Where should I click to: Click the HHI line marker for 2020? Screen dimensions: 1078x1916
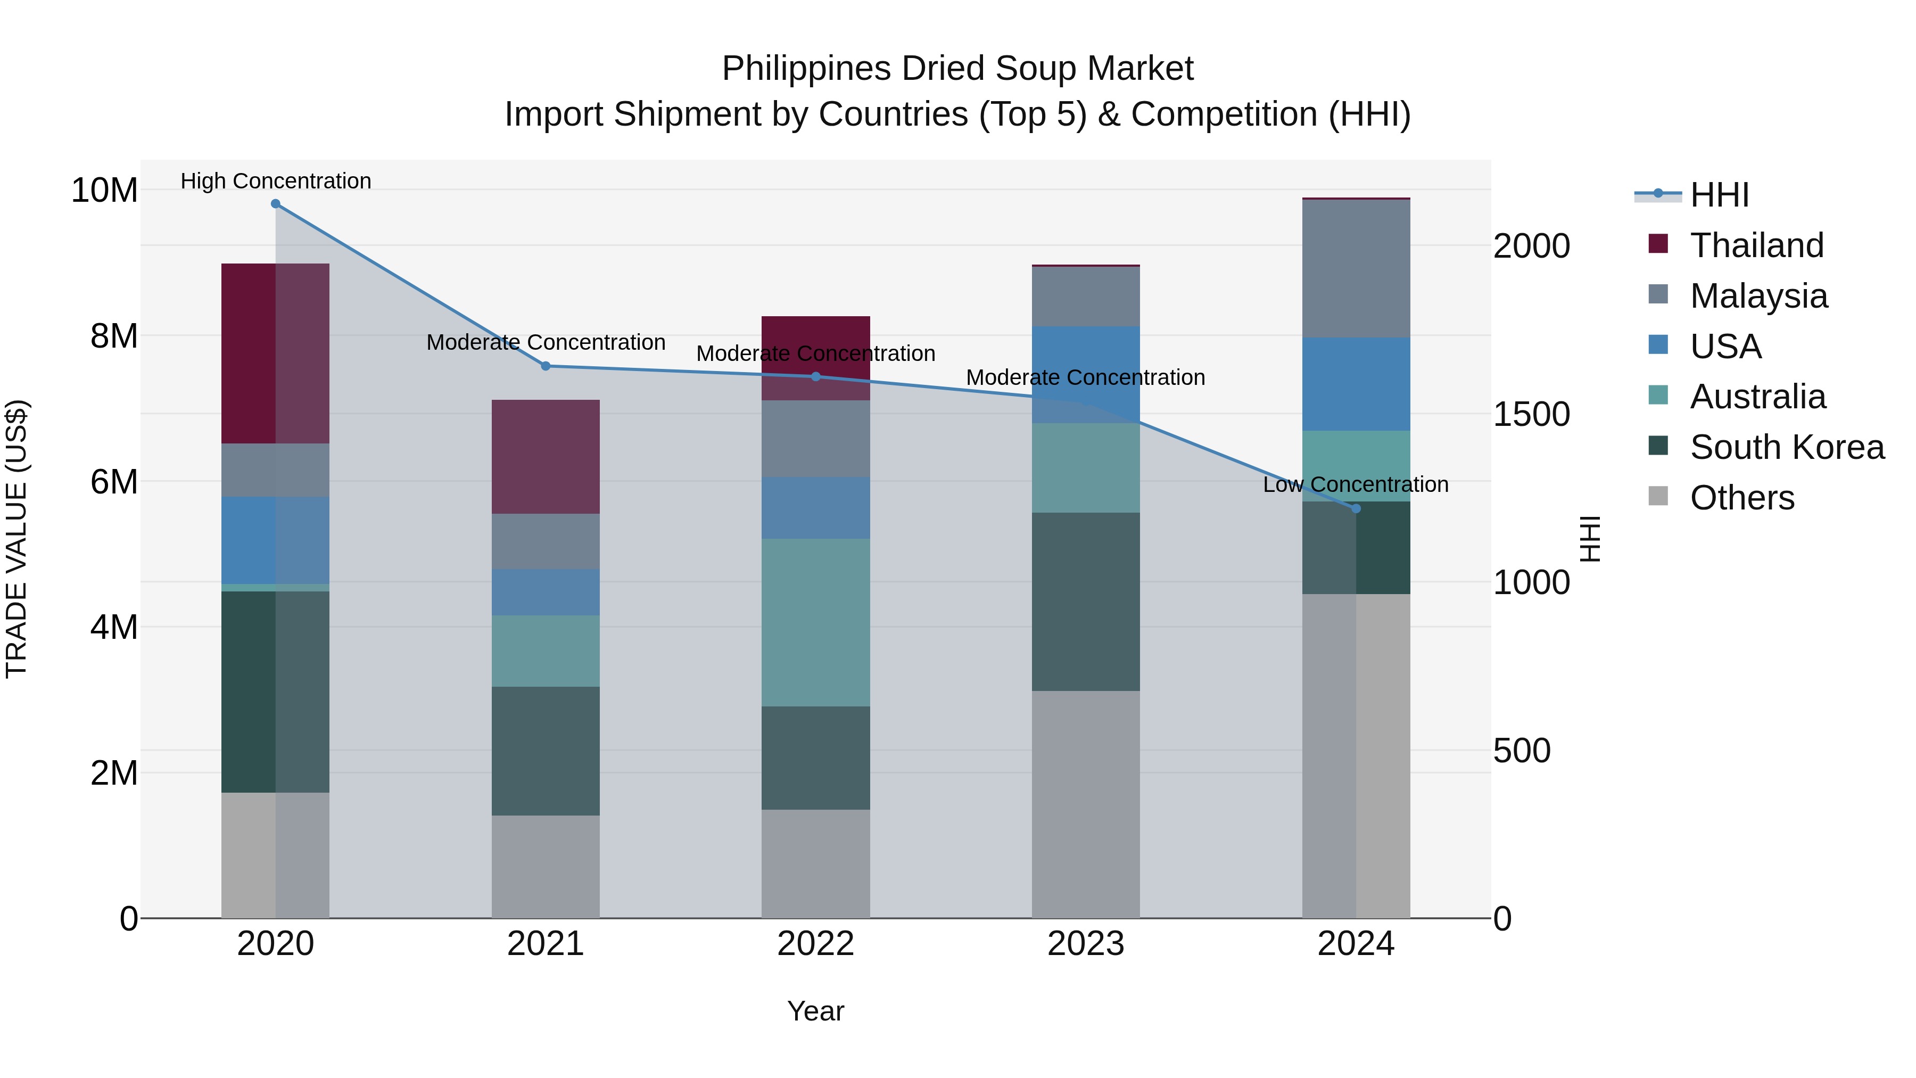[x=275, y=204]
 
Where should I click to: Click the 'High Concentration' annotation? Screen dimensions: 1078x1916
[x=275, y=181]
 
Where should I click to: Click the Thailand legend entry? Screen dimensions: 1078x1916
[x=1756, y=245]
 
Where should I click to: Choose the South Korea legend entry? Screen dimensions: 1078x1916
[x=1787, y=447]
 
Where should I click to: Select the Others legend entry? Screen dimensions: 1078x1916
[x=1741, y=498]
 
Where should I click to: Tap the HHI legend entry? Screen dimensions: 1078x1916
[x=1719, y=195]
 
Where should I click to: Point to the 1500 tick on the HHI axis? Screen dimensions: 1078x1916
[x=1531, y=414]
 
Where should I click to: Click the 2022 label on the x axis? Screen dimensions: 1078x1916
[x=815, y=944]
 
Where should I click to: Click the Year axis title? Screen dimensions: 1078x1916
[x=815, y=1011]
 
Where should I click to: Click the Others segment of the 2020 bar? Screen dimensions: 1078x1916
[x=275, y=855]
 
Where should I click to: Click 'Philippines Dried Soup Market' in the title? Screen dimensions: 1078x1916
[x=957, y=69]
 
